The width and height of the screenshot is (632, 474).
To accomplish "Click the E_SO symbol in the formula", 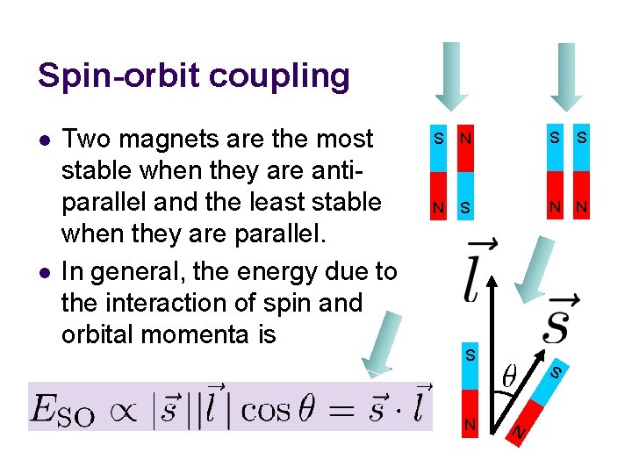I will click(61, 410).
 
